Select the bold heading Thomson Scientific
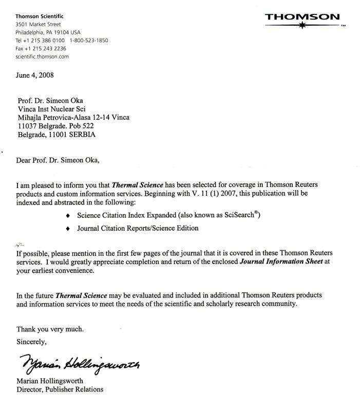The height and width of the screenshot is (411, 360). point(39,15)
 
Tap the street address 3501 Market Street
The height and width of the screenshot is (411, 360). point(38,24)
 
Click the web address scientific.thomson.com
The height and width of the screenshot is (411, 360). point(42,57)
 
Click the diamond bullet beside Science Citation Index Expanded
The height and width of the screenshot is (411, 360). point(68,216)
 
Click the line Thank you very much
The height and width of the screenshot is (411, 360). point(49,329)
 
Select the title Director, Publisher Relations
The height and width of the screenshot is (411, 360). point(60,389)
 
